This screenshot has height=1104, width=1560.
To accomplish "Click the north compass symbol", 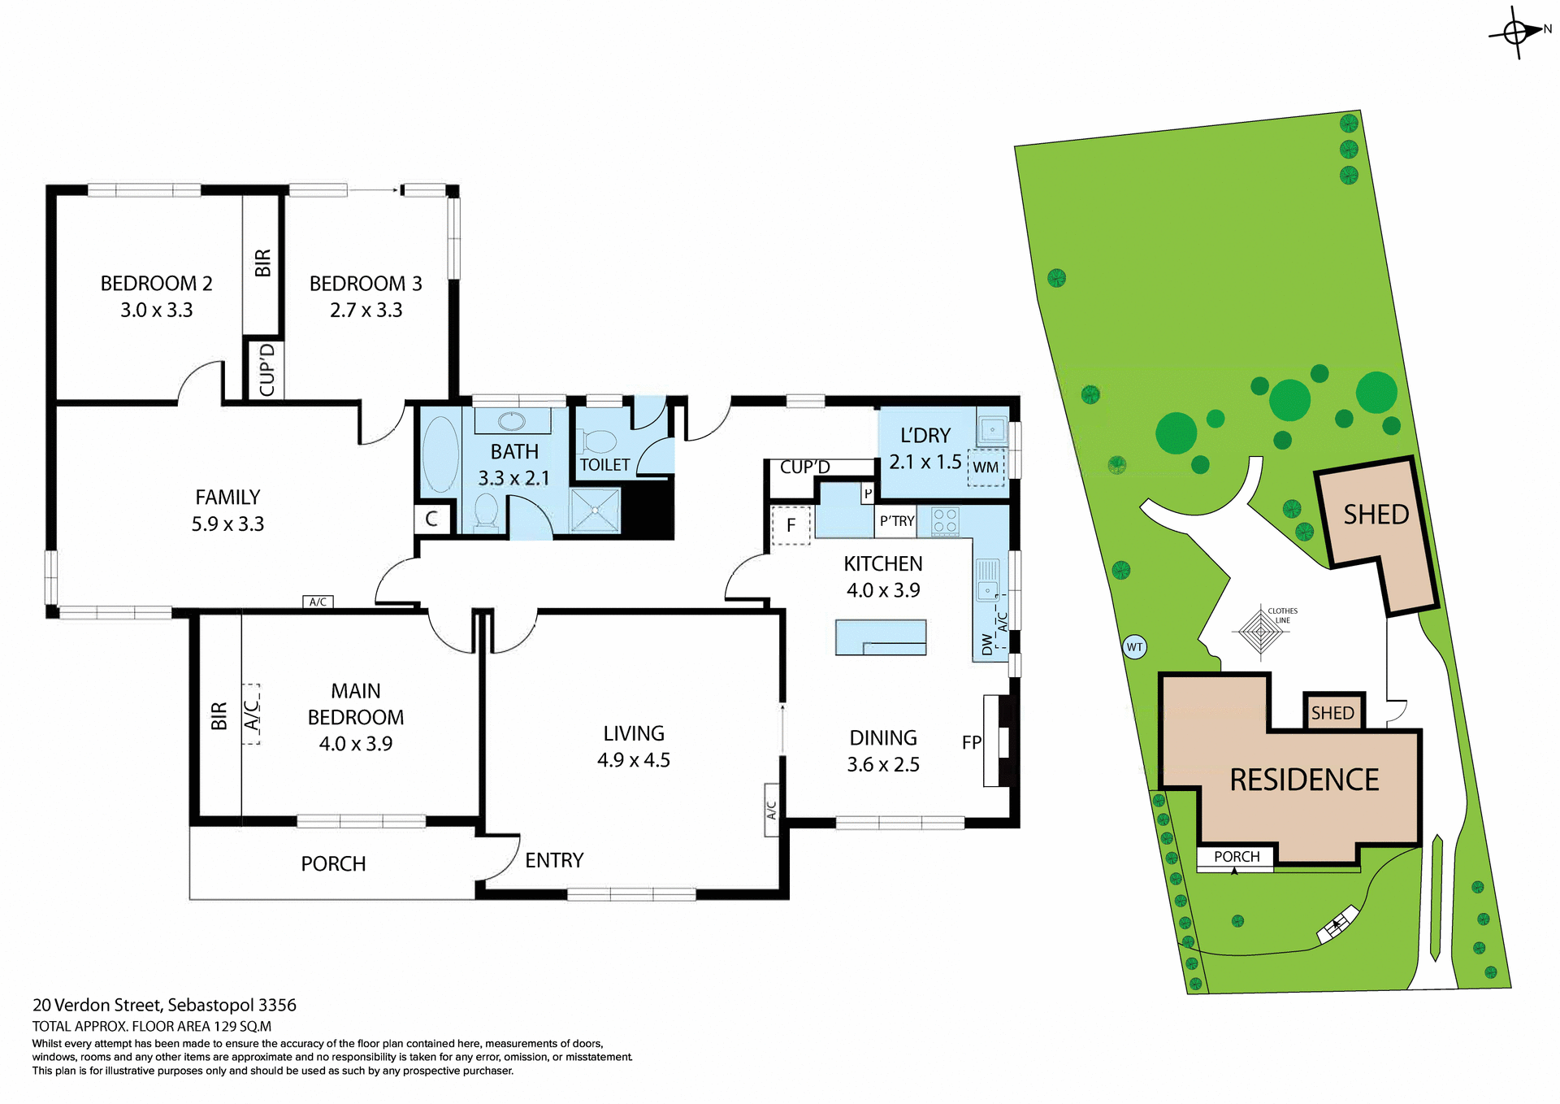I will pos(1516,33).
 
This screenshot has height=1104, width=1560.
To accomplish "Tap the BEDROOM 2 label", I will pos(156,284).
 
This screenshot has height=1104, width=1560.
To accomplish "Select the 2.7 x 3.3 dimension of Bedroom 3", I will pos(366,311).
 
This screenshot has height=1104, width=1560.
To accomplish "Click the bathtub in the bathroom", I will pos(440,454).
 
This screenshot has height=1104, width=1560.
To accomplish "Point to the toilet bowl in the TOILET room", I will pos(599,441).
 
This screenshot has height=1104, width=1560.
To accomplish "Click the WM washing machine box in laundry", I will pos(986,467).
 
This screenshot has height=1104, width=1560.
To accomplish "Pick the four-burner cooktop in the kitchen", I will pos(945,520).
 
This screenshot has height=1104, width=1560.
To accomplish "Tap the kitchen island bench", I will pos(881,637).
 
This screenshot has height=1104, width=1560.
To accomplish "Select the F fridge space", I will pos(791,526).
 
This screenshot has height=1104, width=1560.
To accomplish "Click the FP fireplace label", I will pos(972,742).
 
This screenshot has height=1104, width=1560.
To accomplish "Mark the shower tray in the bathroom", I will pos(596,511).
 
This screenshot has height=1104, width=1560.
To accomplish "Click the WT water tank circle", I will pos(1134,647).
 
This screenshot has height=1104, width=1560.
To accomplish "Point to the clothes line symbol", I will pos(1260,631).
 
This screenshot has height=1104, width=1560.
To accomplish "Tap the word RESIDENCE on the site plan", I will pos(1304,780).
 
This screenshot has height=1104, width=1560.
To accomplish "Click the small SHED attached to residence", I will pos(1332,713).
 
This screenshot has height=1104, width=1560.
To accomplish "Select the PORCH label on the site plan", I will pos(1236,857).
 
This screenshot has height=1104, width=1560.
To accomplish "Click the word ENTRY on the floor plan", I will pos(554,860).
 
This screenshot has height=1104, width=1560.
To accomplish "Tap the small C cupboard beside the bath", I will pos(431,519).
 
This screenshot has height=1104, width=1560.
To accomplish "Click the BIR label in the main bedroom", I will pos(219,716).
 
